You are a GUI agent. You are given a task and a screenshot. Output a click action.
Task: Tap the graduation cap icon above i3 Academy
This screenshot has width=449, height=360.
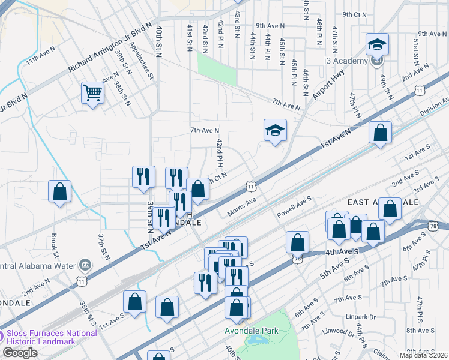pos(376,44)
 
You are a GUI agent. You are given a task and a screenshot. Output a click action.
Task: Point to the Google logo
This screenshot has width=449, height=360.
pos(20,353)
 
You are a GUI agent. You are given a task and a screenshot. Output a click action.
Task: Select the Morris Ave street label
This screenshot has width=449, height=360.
pos(242,208)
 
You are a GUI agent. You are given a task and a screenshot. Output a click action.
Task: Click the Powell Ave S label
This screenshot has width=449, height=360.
pos(294,206)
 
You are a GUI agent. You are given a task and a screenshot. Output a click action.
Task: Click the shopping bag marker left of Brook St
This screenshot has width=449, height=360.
pos(60,191)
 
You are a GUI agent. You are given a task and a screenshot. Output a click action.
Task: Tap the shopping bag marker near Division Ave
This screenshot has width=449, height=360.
pos(381,133)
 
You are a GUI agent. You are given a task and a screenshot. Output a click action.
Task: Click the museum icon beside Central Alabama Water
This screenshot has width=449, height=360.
pos(85,265)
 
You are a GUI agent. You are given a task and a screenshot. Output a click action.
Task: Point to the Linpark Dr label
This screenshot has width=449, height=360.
pos(360,316)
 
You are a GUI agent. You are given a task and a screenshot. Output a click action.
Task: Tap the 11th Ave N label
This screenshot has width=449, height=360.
pos(40,58)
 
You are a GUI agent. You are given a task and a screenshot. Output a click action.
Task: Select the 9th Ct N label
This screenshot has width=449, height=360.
pos(354,14)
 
